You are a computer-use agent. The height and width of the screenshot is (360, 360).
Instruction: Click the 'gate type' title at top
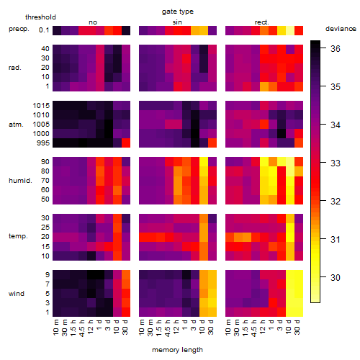click(x=178, y=12)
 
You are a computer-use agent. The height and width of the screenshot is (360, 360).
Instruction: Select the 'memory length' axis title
click(x=177, y=350)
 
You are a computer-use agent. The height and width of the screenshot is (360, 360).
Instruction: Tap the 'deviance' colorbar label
click(x=341, y=29)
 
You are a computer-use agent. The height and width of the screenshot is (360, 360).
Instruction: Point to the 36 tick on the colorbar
click(x=336, y=48)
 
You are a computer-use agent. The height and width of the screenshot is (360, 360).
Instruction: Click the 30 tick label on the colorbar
click(x=336, y=277)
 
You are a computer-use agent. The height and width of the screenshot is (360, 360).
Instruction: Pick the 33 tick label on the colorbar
click(x=336, y=163)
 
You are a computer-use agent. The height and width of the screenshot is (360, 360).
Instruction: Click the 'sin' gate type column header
click(x=177, y=22)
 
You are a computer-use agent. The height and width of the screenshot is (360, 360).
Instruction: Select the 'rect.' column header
click(x=261, y=22)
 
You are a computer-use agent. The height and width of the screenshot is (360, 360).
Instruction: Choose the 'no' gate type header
click(x=93, y=22)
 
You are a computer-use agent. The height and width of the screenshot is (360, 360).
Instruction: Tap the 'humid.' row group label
click(x=20, y=180)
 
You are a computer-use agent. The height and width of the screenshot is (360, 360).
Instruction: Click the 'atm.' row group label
click(x=16, y=125)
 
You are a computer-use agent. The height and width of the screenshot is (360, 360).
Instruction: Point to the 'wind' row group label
click(x=17, y=293)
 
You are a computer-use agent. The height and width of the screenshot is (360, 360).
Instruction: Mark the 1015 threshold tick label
click(x=41, y=105)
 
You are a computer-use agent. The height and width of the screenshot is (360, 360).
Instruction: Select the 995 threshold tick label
click(x=43, y=143)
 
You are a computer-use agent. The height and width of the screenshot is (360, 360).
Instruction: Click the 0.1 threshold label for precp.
click(x=44, y=30)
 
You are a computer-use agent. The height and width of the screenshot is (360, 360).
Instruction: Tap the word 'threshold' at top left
click(x=40, y=17)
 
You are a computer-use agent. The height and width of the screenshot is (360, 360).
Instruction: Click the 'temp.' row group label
click(x=18, y=236)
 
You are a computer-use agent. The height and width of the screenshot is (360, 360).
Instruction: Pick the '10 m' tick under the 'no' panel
click(x=56, y=327)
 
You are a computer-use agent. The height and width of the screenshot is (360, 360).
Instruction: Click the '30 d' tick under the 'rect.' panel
click(x=297, y=327)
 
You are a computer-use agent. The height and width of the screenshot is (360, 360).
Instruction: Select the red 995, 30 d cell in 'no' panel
click(x=126, y=143)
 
